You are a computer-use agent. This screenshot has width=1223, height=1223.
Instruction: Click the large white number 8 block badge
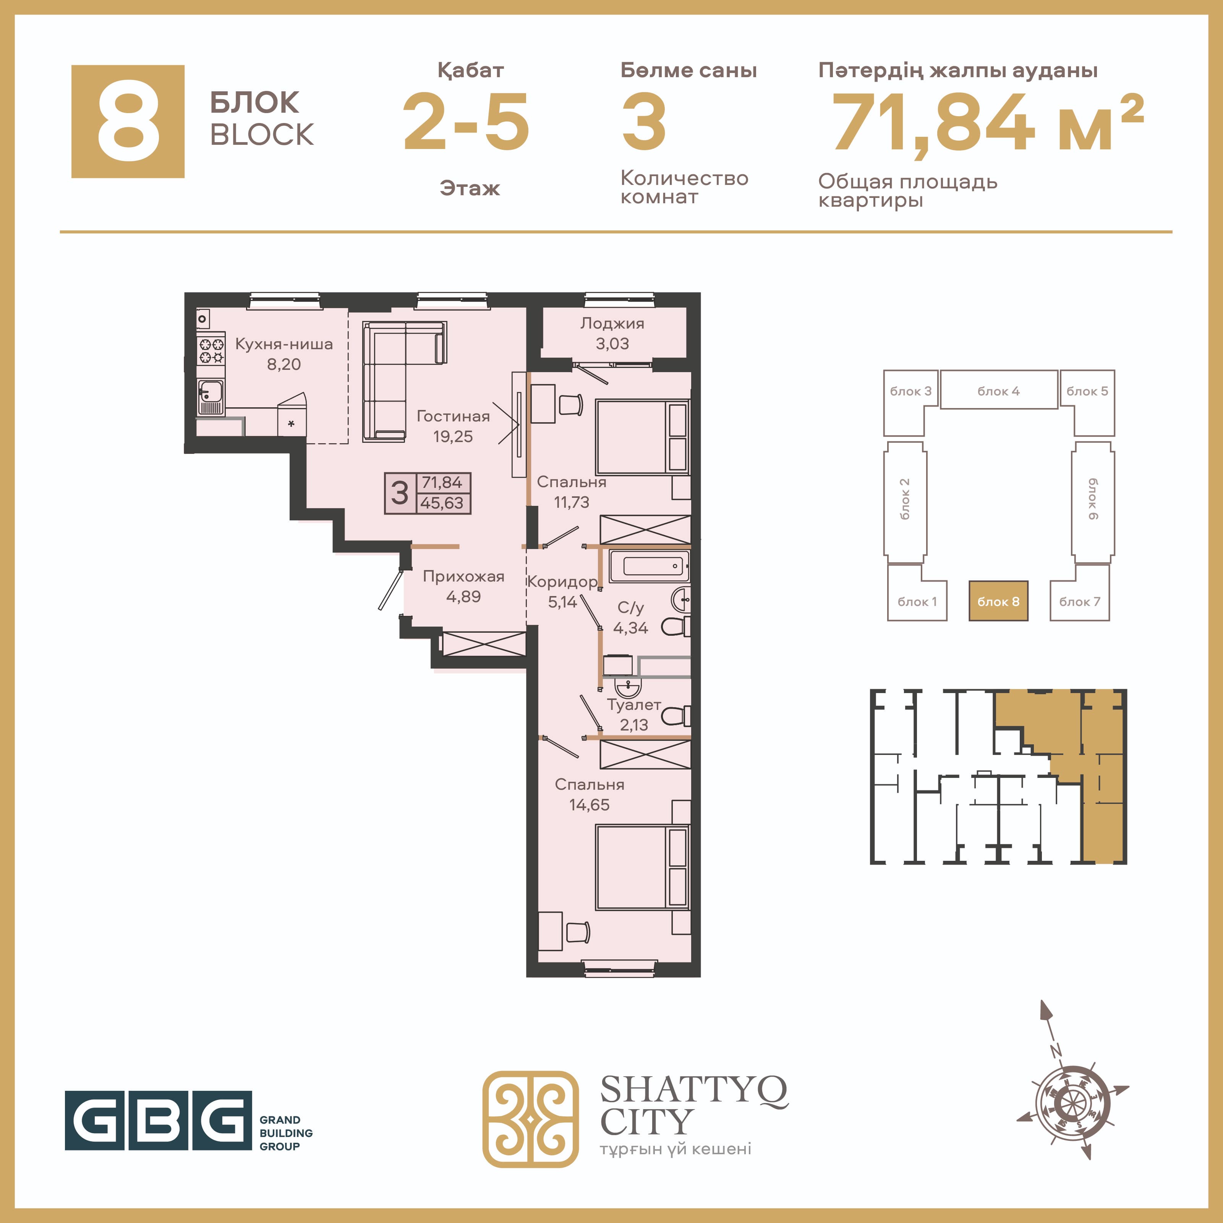(x=128, y=121)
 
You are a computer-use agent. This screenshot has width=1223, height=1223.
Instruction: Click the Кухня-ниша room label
(x=283, y=344)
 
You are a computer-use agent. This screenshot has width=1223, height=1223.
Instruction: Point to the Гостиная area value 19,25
(x=453, y=436)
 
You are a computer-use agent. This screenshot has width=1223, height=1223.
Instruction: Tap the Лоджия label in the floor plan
(x=612, y=324)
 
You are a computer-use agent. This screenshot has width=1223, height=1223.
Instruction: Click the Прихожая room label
(x=463, y=577)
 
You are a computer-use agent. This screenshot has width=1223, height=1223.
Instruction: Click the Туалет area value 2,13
(x=633, y=725)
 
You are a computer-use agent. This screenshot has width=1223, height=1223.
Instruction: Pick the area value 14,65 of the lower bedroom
(x=590, y=805)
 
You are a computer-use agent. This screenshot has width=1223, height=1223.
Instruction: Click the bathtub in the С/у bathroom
(x=649, y=566)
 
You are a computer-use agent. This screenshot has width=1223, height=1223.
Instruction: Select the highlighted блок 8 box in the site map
(x=998, y=601)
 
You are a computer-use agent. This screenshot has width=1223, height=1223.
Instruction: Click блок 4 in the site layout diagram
(x=999, y=390)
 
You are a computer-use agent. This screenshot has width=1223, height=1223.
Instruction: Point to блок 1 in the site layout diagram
(x=917, y=601)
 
